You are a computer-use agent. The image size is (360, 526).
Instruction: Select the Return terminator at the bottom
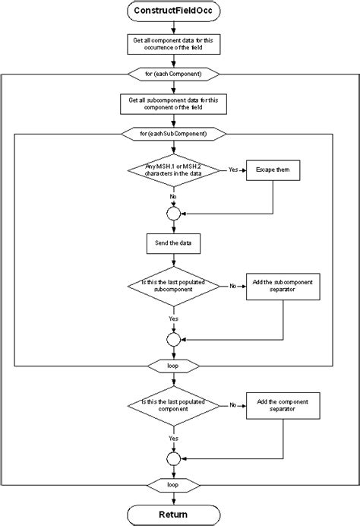[174, 514]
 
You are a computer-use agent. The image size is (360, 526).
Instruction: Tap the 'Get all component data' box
[174, 46]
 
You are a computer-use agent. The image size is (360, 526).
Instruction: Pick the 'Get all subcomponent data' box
[174, 103]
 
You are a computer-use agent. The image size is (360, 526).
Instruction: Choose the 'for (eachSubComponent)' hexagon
[174, 134]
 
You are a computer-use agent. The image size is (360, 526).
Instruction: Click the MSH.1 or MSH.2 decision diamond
[174, 170]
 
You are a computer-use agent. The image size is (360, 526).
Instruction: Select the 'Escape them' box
[273, 170]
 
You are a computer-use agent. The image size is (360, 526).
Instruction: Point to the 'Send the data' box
[174, 243]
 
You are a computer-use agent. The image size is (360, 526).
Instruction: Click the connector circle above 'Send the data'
[174, 214]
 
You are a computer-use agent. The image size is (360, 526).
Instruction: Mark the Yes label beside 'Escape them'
[234, 170]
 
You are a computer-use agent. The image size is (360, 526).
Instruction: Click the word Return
[174, 514]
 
